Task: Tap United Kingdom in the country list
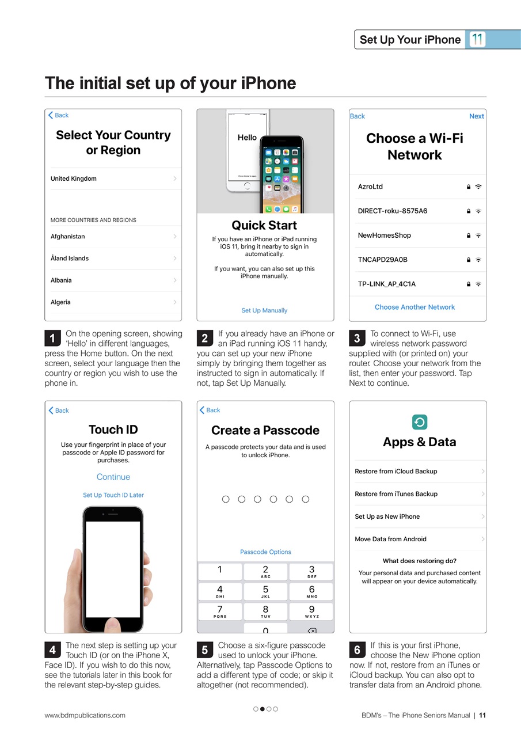(74, 178)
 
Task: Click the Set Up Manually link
(264, 310)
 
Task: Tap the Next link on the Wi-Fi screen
(476, 116)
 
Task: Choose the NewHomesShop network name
(385, 235)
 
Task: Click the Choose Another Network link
(414, 307)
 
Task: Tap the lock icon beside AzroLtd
(469, 187)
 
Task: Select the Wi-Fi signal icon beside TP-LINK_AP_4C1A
(478, 284)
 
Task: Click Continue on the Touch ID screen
(113, 477)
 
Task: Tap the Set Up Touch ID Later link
(113, 495)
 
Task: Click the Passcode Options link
(265, 552)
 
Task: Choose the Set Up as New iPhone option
(387, 516)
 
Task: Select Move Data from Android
(391, 539)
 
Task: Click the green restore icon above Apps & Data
(420, 422)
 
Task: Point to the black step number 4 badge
(52, 651)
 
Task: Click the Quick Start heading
(264, 225)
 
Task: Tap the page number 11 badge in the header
(477, 40)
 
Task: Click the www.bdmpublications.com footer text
(85, 715)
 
